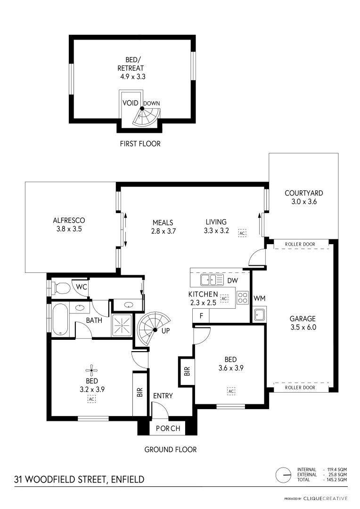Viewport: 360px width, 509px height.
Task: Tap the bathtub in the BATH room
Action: tap(60, 319)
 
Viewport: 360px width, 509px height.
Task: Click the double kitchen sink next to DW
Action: tap(212, 280)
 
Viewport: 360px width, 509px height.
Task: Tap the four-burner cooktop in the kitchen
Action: tap(242, 297)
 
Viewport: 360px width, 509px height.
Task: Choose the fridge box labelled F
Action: tap(201, 316)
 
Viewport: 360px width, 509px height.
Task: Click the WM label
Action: tap(259, 298)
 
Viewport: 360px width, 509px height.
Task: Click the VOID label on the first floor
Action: tap(130, 103)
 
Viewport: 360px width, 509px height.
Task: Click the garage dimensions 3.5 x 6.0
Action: tap(303, 327)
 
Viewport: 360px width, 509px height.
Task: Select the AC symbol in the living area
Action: tap(242, 233)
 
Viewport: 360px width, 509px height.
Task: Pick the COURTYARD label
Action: tap(303, 193)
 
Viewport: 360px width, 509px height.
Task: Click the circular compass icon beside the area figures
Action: tap(284, 475)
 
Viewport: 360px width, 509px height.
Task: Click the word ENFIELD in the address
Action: tap(127, 480)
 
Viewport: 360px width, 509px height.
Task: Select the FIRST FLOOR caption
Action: tap(140, 143)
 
